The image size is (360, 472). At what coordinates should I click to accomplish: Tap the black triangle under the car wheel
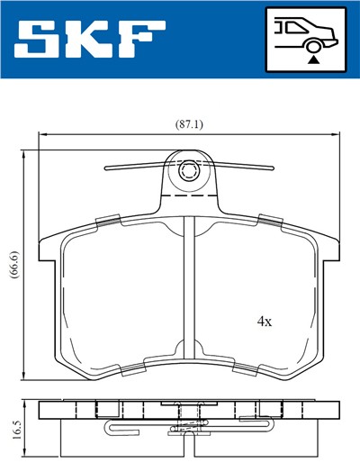pos(314,59)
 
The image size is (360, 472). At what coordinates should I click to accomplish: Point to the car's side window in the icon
pos(290,26)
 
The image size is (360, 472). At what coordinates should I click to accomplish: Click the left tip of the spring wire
pos(107,168)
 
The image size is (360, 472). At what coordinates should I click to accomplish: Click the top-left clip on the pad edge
pos(107,221)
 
